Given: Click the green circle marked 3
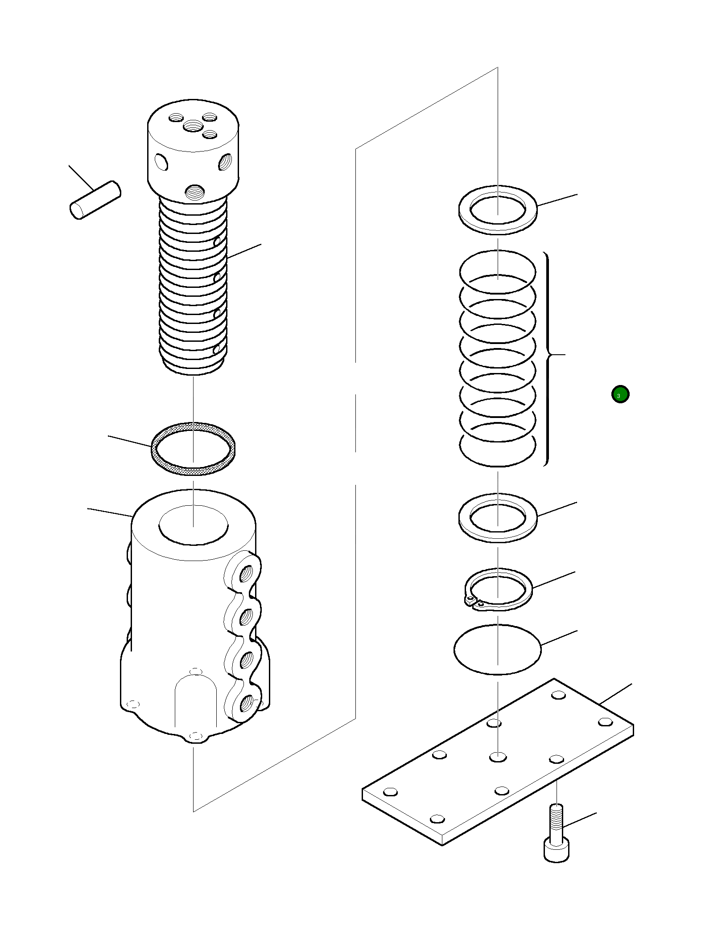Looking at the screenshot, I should coord(620,394).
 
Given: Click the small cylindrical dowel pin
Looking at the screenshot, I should coord(95,200).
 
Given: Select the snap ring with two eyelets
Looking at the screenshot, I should coord(498,588).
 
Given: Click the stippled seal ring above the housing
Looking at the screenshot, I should coord(194,449).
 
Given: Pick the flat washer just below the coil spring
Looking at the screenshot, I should coord(498,518).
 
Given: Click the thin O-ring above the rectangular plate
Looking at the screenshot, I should coord(497,649).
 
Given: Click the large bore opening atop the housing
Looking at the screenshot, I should coord(194,525).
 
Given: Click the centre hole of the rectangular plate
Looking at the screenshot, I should coord(498,756).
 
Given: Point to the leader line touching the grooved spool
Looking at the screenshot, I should coord(244,251).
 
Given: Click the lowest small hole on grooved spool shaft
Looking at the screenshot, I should coord(217,349).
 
